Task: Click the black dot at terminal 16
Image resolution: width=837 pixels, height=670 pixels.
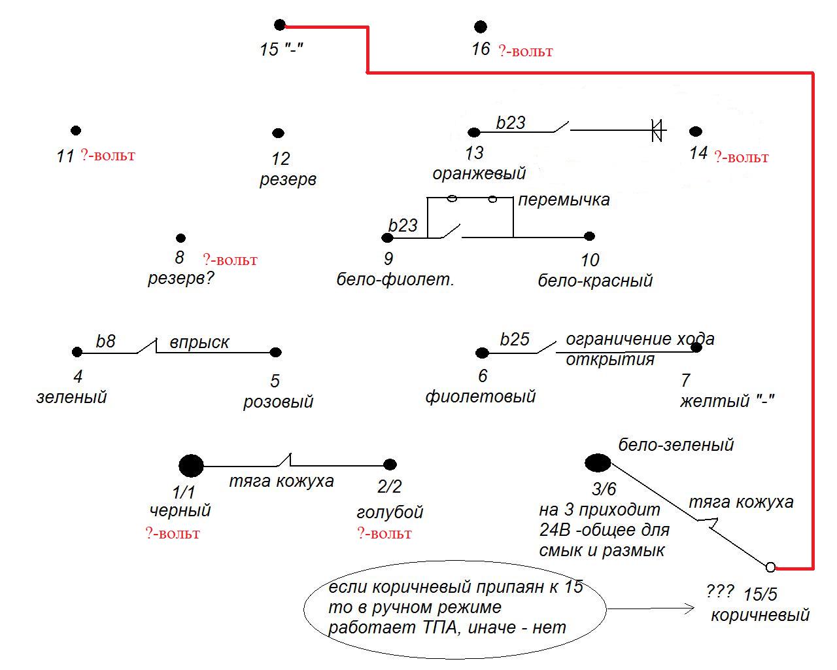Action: pyautogui.click(x=481, y=27)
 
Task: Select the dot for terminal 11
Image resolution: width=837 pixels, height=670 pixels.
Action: pyautogui.click(x=76, y=130)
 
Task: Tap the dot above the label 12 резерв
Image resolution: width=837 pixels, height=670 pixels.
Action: pyautogui.click(x=278, y=133)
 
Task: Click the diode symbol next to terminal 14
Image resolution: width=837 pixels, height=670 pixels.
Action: pyautogui.click(x=658, y=130)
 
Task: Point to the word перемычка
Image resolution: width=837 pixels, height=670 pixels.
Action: pyautogui.click(x=564, y=200)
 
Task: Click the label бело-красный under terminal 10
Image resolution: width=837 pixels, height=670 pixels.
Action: pyautogui.click(x=595, y=281)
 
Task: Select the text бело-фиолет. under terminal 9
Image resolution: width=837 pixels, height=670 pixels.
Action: pyautogui.click(x=395, y=279)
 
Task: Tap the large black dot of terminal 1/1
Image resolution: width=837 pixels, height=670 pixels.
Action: pyautogui.click(x=191, y=466)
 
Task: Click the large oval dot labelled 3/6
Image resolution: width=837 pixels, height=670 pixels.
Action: pyautogui.click(x=598, y=463)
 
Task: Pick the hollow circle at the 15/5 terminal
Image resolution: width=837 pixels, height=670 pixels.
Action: pyautogui.click(x=770, y=567)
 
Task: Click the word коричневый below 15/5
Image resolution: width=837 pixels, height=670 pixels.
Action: pyautogui.click(x=760, y=616)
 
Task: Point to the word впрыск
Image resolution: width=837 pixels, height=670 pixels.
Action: pyautogui.click(x=199, y=342)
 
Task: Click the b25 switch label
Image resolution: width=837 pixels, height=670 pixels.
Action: pyautogui.click(x=515, y=340)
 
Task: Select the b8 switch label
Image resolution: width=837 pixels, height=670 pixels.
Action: pyautogui.click(x=105, y=342)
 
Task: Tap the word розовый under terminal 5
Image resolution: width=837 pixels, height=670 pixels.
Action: pyautogui.click(x=278, y=402)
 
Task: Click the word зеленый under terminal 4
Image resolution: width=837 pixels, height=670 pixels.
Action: pyautogui.click(x=71, y=397)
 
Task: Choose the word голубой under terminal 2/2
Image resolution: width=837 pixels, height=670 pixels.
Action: pyautogui.click(x=390, y=512)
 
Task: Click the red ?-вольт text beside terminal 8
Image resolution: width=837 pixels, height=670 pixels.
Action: pyautogui.click(x=230, y=260)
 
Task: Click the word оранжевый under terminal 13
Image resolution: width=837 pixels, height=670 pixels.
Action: pyautogui.click(x=479, y=173)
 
